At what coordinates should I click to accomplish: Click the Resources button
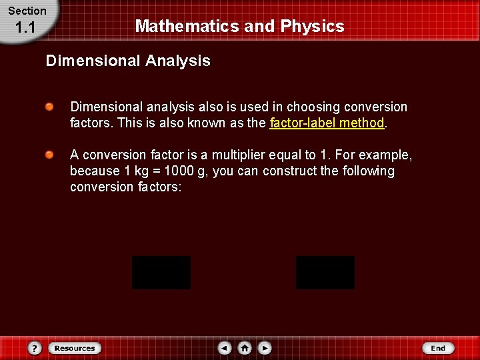pos(75,348)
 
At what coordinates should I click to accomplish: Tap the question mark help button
pos(35,348)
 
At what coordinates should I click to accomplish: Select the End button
pos(438,348)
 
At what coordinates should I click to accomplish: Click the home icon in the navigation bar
pos(245,348)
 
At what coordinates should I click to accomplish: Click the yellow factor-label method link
pos(327,123)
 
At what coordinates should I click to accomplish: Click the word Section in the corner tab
pos(27,11)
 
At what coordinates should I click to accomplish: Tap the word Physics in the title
pos(312,27)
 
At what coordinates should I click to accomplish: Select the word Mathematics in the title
pos(177,27)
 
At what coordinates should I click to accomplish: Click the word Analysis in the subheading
pos(177,61)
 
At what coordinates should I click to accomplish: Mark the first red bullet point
pos(50,107)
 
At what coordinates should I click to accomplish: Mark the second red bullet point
pos(50,155)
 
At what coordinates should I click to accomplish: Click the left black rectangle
pos(161,273)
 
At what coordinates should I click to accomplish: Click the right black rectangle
pos(325,273)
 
